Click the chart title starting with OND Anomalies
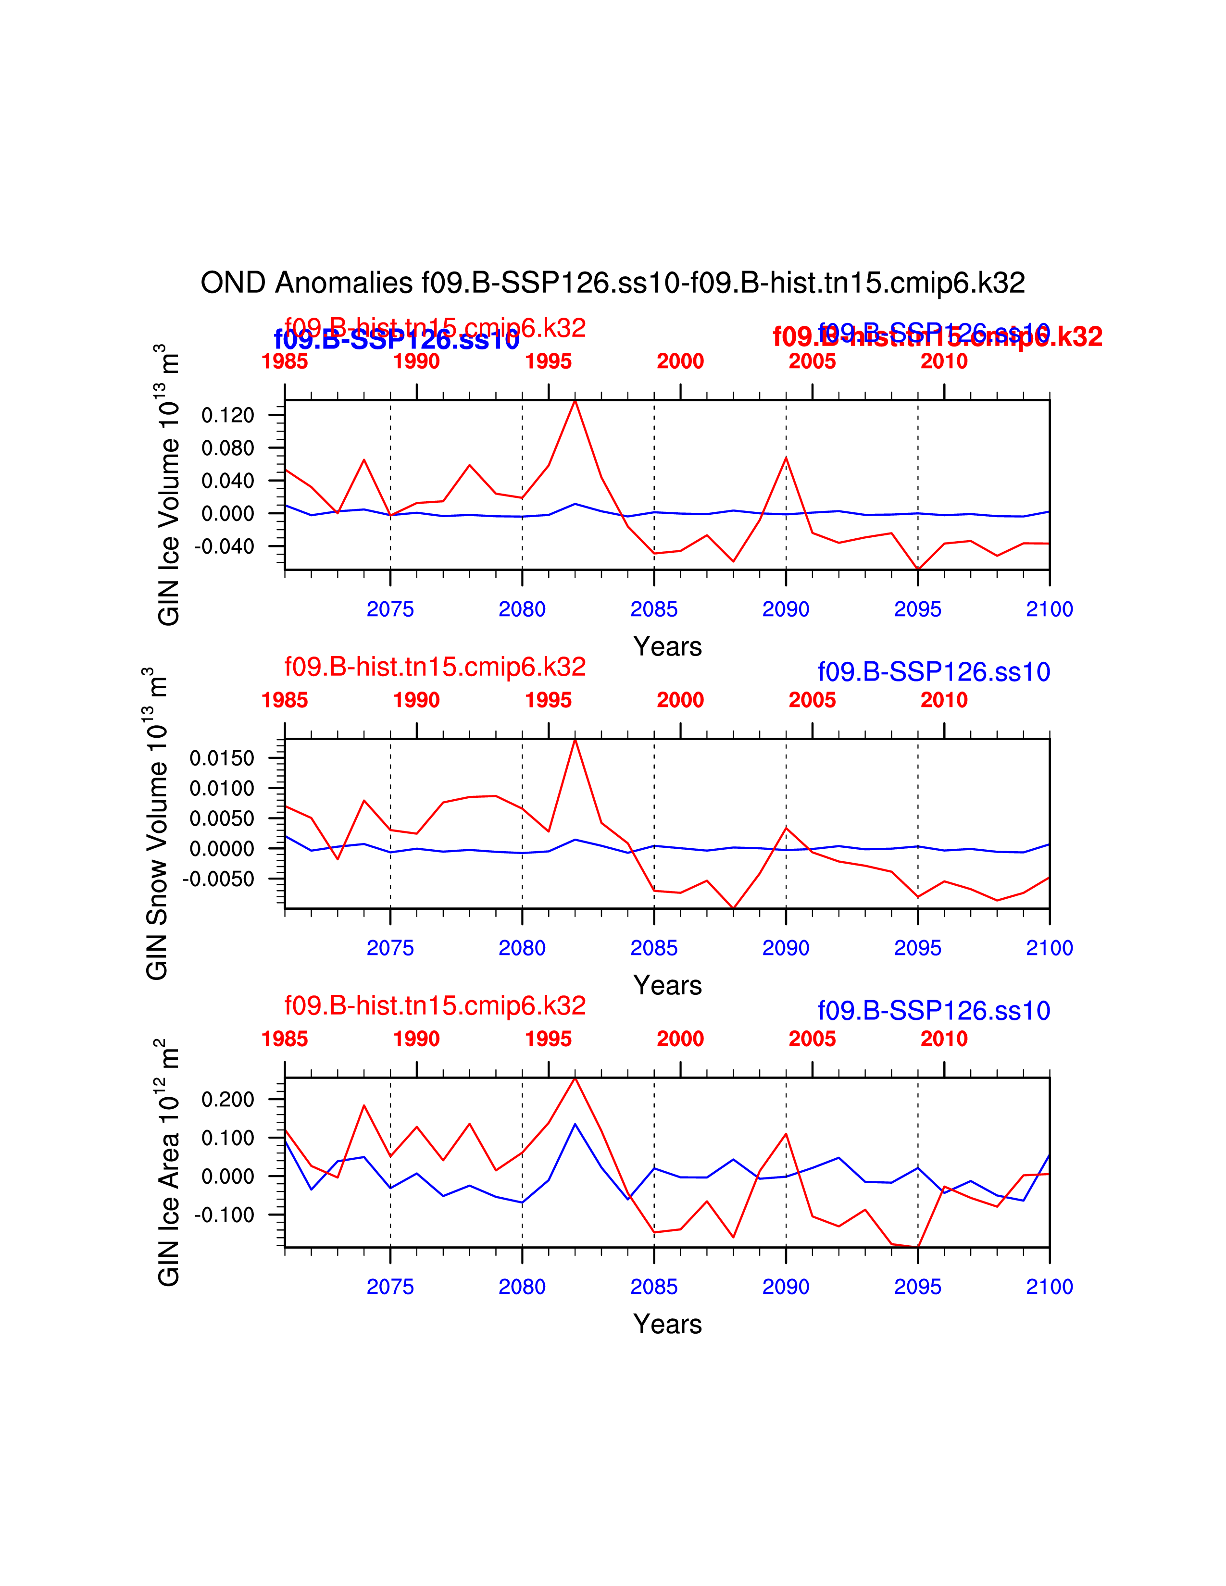pyautogui.click(x=612, y=283)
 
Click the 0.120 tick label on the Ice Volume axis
pyautogui.click(x=227, y=415)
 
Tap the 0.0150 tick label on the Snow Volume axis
pyautogui.click(x=222, y=758)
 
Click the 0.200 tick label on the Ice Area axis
pyautogui.click(x=227, y=1100)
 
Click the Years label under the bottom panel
pyautogui.click(x=667, y=1324)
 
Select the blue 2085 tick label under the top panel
pyautogui.click(x=654, y=609)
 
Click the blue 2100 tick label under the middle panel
pyautogui.click(x=1049, y=948)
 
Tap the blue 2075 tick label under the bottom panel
pyautogui.click(x=390, y=1287)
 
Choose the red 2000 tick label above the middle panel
pyautogui.click(x=680, y=700)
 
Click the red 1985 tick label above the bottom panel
pyautogui.click(x=285, y=1039)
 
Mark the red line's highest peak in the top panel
pyautogui.click(x=575, y=401)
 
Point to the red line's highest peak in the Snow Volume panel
pyautogui.click(x=575, y=740)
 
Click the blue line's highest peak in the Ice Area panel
pyautogui.click(x=575, y=1124)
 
